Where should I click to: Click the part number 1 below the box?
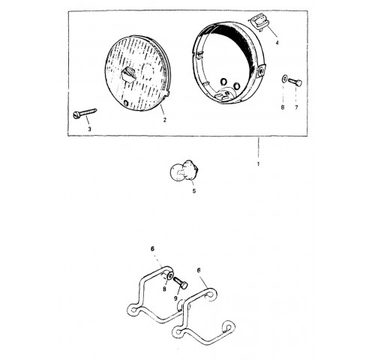258,164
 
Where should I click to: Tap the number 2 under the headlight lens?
164,120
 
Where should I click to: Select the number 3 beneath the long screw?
89,129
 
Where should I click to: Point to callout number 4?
277,43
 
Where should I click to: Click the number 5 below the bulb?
194,191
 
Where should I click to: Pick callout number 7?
296,107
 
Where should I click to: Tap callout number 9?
175,298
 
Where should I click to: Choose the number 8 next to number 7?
283,107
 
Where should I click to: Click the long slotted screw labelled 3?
85,112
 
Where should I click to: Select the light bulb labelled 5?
184,170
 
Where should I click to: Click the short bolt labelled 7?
295,82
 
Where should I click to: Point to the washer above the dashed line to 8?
284,79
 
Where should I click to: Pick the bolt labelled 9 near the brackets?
180,282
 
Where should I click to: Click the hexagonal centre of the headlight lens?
129,74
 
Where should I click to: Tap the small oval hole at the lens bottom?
126,103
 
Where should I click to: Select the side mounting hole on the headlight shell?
262,72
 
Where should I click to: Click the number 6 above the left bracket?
152,249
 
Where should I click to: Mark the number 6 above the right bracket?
199,270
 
